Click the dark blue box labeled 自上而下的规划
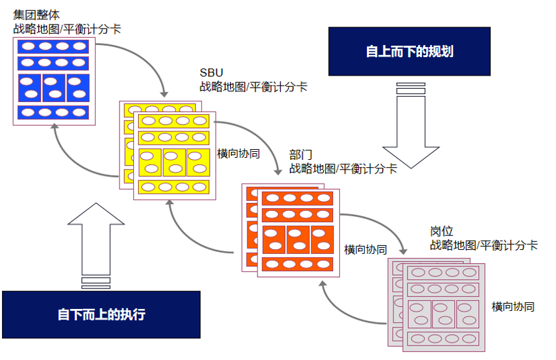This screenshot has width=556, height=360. point(409,51)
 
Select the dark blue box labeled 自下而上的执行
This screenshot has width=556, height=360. point(101,314)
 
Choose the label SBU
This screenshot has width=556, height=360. point(210,72)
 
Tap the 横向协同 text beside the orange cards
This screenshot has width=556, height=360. point(366,250)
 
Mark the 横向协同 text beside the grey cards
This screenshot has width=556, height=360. point(513,306)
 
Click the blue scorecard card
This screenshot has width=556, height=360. point(54,82)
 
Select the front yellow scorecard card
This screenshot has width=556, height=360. point(174,156)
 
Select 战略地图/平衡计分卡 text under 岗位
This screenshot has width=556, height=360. point(484,245)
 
